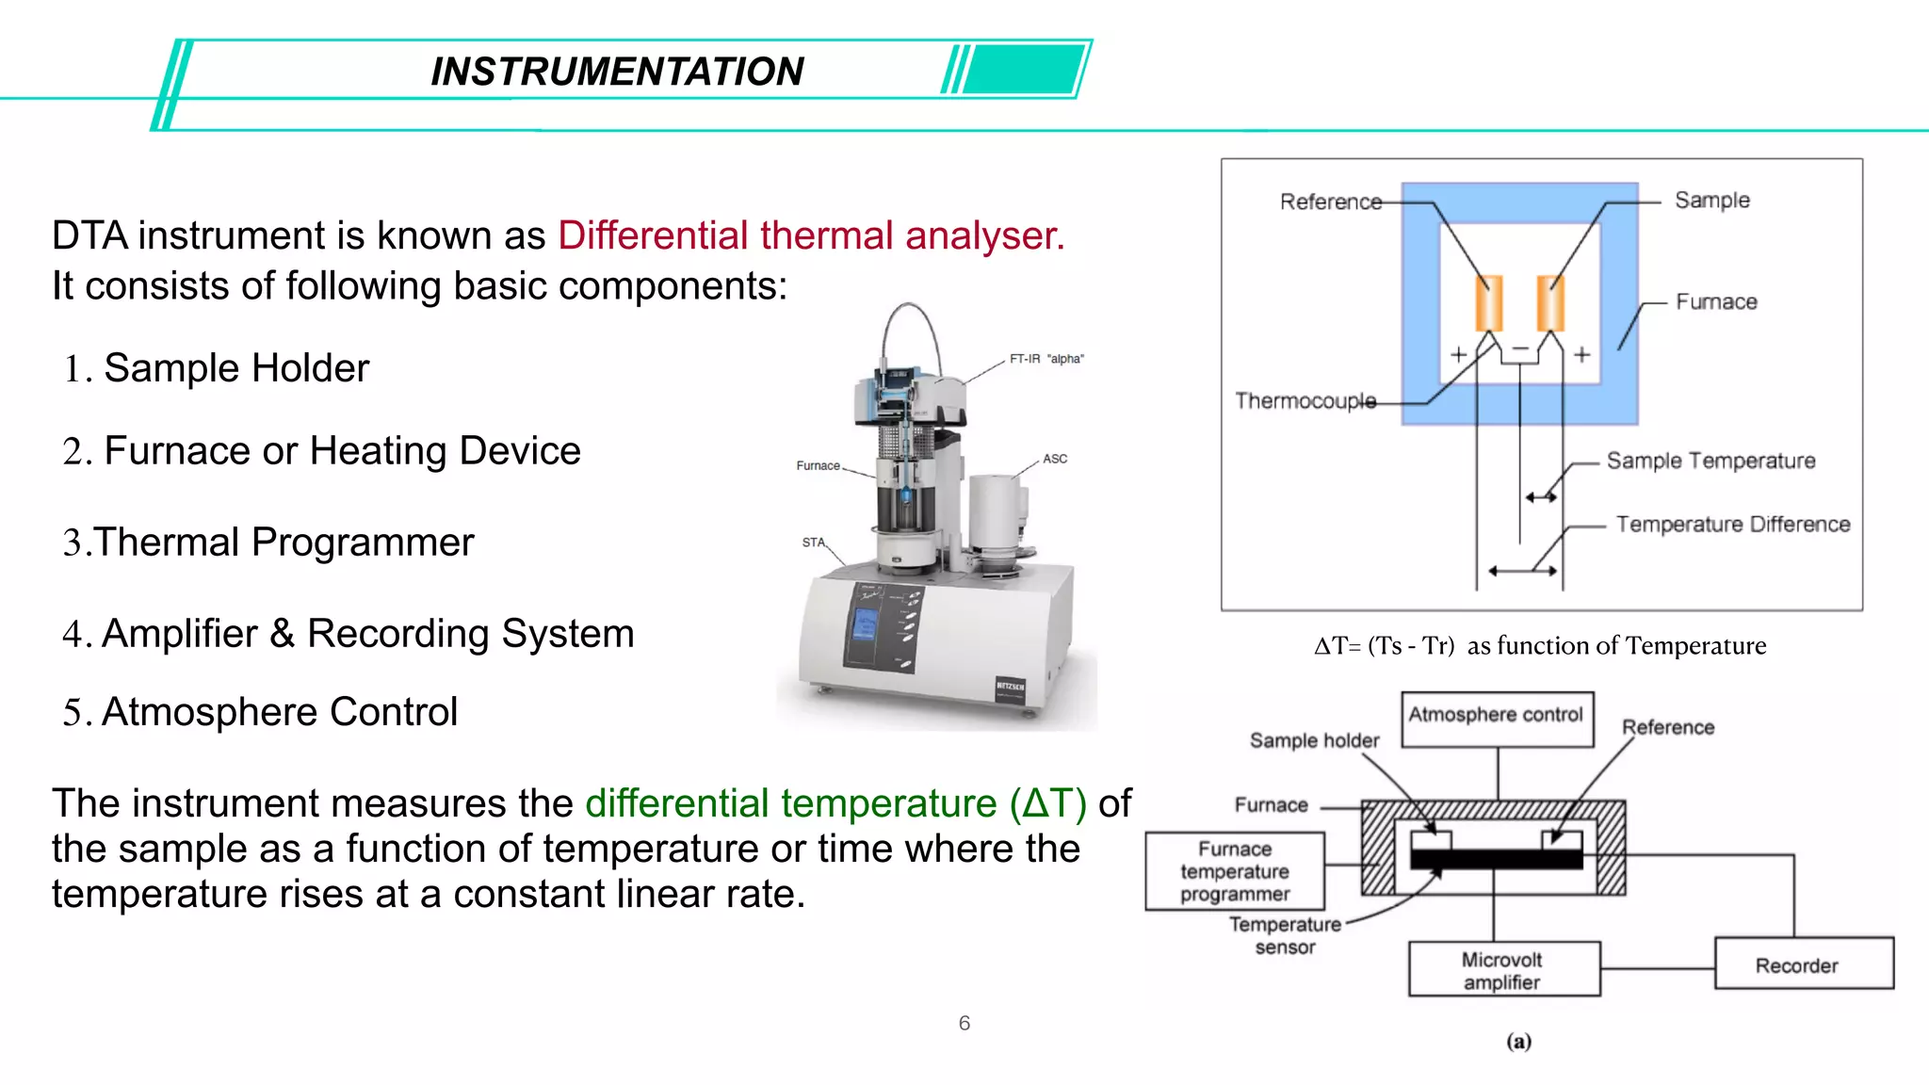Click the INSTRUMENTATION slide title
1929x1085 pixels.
(617, 72)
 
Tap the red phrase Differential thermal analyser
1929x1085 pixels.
(810, 235)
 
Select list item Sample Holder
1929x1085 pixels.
(235, 368)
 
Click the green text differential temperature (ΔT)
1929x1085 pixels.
(835, 803)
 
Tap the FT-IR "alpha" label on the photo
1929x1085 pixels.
(1046, 359)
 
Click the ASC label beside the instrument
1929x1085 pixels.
(1055, 459)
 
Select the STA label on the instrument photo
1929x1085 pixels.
(813, 542)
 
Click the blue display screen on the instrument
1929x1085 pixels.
(865, 623)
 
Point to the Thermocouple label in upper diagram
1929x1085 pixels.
(1305, 401)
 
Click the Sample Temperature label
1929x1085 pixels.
(1710, 461)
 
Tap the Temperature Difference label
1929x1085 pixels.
(1733, 525)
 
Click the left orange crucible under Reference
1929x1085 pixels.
(1488, 302)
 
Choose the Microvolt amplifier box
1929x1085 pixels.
(1503, 969)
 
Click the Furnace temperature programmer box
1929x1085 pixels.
(1235, 871)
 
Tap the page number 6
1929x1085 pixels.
(964, 1023)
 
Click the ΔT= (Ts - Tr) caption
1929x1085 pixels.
(1539, 646)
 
